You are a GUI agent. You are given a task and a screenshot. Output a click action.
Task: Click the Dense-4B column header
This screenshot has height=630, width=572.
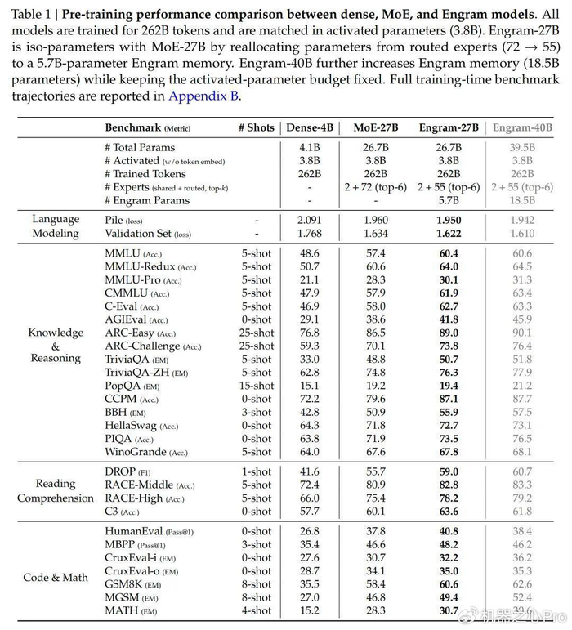(309, 128)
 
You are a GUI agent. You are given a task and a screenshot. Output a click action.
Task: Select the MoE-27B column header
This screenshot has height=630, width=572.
(376, 128)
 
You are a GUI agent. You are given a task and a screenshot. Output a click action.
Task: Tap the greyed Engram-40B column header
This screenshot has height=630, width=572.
(522, 128)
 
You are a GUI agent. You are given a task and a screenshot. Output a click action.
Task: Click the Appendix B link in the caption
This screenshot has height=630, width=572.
(204, 96)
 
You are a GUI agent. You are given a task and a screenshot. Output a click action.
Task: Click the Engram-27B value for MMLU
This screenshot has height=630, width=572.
(449, 253)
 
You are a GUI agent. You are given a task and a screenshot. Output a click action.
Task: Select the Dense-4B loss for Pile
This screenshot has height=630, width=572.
(309, 221)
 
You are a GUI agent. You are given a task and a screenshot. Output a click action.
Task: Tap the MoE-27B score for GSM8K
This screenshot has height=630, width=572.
(376, 584)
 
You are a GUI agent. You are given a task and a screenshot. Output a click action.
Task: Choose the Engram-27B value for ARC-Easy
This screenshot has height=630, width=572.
(449, 333)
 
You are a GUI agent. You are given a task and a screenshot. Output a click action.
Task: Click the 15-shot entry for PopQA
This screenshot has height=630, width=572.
(257, 386)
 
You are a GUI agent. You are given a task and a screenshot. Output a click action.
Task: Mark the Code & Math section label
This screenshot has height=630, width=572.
(56, 578)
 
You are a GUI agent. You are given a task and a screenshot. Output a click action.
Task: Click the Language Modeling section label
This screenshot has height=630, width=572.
(56, 226)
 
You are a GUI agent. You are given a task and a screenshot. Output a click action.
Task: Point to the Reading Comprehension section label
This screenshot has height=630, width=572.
(56, 491)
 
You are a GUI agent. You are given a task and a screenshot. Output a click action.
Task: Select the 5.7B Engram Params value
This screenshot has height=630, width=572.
(449, 200)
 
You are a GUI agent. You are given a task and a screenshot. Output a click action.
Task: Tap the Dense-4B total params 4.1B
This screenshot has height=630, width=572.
(309, 147)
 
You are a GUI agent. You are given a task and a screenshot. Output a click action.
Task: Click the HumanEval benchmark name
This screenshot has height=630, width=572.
(131, 531)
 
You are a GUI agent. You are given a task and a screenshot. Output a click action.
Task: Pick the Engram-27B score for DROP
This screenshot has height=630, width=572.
(449, 471)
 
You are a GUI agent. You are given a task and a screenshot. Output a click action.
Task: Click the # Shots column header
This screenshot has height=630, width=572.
(257, 128)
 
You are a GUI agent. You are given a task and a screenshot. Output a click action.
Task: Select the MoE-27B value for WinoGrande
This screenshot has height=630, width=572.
(376, 452)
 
